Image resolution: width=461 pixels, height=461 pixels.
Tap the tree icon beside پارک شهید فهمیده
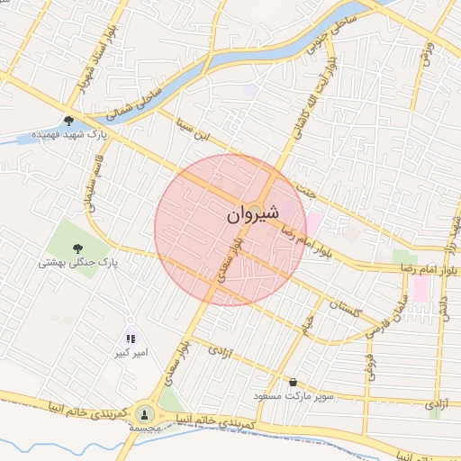pos(69,120)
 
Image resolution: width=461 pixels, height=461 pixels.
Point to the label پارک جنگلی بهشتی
pos(79,263)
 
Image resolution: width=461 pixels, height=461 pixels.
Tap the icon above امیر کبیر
pos(131,339)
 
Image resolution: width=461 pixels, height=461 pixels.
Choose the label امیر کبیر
pos(131,352)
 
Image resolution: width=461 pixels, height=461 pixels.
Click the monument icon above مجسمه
pos(143,413)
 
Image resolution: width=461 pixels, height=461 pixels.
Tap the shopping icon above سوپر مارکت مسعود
pos(293,382)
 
